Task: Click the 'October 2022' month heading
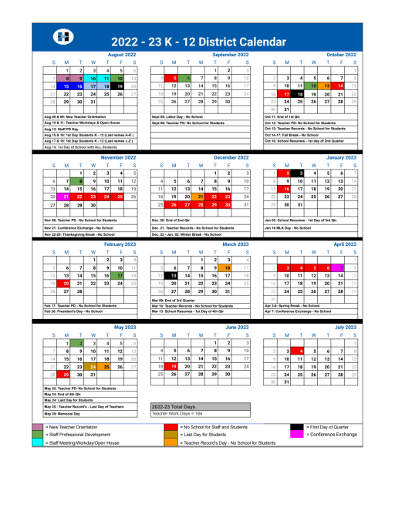341,55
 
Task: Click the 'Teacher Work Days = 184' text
178,413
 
